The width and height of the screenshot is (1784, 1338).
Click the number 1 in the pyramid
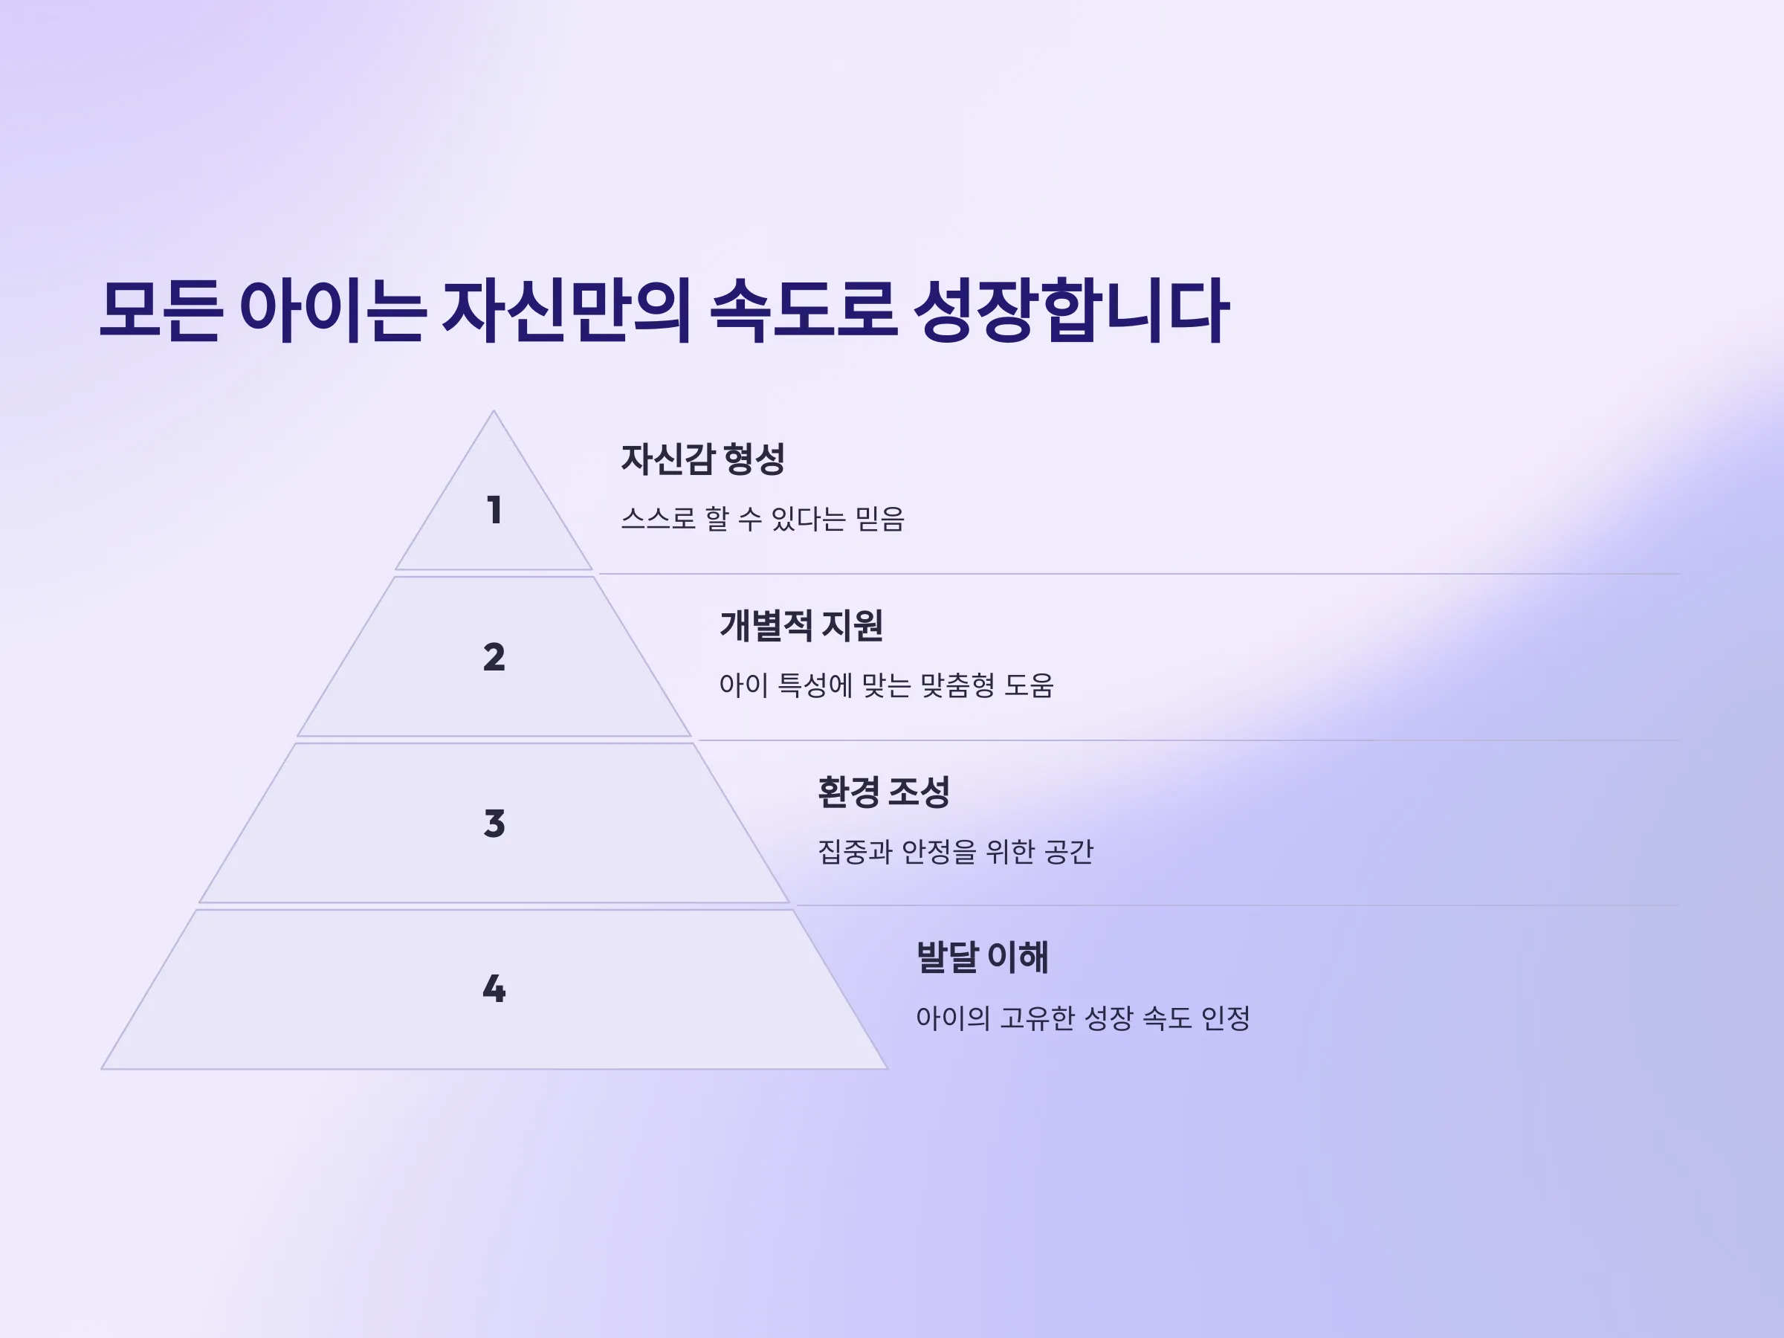pos(494,510)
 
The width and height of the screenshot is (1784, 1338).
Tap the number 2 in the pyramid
pos(494,656)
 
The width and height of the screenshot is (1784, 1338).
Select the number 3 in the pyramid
pos(494,824)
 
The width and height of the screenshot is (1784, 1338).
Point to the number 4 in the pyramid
pos(494,989)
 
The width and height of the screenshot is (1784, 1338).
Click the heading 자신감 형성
pos(702,459)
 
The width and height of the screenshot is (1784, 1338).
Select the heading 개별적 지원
pos(801,626)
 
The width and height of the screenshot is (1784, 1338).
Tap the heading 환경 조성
pos(884,792)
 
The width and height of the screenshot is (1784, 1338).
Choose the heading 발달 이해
pos(983,957)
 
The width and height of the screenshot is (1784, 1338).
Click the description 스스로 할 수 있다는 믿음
pos(763,519)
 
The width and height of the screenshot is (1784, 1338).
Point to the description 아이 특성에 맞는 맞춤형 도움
pos(886,685)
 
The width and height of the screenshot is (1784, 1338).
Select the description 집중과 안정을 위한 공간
pos(956,852)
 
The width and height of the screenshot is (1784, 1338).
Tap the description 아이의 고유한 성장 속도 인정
pos(1083,1018)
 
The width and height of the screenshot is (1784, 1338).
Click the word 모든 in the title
pos(161,311)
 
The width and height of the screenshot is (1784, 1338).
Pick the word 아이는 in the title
pos(332,311)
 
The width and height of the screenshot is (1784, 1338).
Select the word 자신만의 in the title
pos(567,311)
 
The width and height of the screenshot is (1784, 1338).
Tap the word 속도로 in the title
pos(804,311)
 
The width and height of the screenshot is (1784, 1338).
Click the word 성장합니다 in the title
pos(1072,311)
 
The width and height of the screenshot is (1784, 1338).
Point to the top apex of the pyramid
pos(494,411)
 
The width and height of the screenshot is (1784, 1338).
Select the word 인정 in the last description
pos(1226,1018)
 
